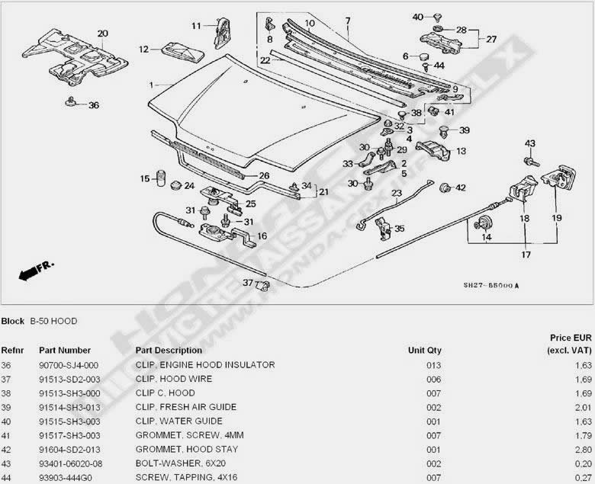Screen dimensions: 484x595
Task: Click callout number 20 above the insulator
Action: pos(103,34)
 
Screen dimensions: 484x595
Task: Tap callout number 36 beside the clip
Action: pos(94,105)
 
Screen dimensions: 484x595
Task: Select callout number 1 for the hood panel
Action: pos(151,84)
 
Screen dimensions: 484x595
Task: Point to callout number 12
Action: pos(143,50)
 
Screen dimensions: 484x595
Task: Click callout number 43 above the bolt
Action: pos(530,143)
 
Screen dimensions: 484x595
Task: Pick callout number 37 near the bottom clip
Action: pos(247,283)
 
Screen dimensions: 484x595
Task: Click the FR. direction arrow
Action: pos(34,268)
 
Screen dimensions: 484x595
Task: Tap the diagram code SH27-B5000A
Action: pos(491,286)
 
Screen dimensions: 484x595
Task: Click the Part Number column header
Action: pos(65,351)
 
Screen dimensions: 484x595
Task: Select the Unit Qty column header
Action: pos(425,351)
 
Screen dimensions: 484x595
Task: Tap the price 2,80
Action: pos(583,448)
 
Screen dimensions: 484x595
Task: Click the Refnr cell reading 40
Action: pos(7,421)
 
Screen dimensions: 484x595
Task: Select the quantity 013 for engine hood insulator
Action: pos(434,365)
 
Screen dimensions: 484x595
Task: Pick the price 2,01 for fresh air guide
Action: pos(583,407)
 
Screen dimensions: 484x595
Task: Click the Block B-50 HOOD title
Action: pos(39,321)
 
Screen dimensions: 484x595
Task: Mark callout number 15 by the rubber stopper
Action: pos(144,179)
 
